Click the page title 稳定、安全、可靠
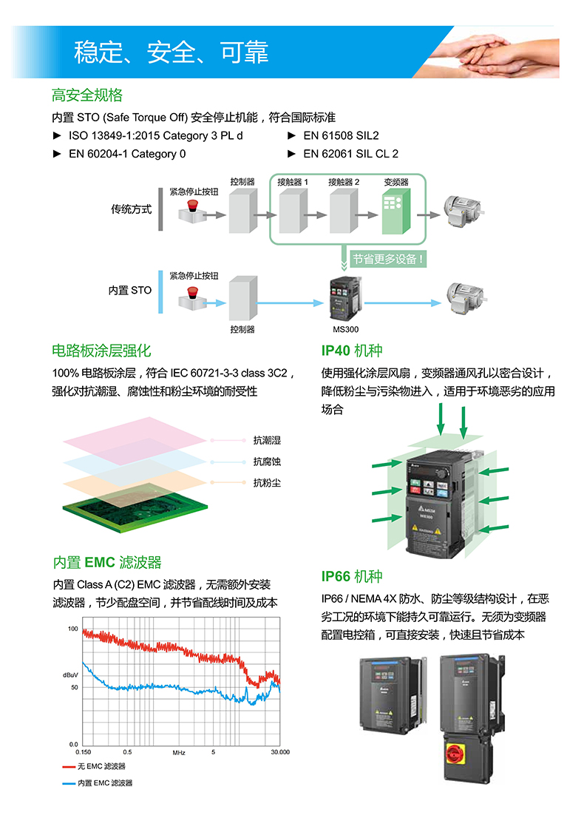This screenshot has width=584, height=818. [171, 53]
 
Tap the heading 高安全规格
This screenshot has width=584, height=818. [87, 95]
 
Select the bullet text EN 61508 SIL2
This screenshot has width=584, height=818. [341, 136]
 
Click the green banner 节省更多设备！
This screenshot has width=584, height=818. [388, 259]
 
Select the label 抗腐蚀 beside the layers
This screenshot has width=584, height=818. [267, 462]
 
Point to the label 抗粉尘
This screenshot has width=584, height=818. [267, 483]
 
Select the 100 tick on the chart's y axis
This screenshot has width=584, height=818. [72, 629]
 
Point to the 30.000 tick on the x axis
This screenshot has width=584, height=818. [279, 752]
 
